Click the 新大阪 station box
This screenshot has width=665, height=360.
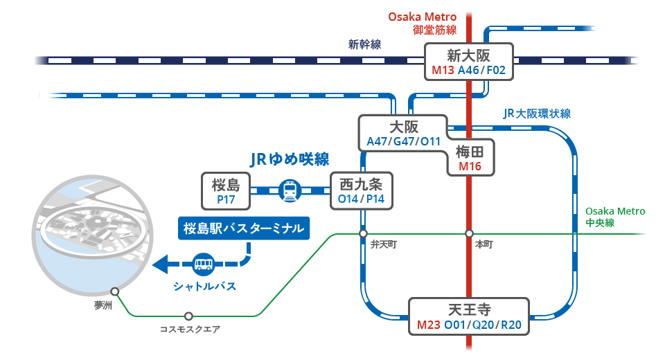(x=469, y=62)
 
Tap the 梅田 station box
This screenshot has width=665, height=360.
(x=471, y=158)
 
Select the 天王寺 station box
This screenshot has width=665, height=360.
(x=469, y=317)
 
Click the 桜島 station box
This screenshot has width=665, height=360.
(x=226, y=191)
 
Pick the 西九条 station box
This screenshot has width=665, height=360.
(x=362, y=191)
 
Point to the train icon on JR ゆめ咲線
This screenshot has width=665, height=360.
(x=290, y=191)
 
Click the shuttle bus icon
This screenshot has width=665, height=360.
(x=204, y=264)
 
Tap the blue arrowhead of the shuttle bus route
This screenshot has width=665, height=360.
(x=160, y=264)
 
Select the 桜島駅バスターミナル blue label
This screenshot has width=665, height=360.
(x=244, y=228)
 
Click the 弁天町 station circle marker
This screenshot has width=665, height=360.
(x=363, y=233)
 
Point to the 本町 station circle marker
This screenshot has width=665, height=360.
(x=469, y=233)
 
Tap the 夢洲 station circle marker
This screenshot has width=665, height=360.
(x=115, y=291)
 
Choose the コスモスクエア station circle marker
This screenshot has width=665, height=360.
(x=188, y=316)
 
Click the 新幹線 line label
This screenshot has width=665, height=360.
(x=365, y=44)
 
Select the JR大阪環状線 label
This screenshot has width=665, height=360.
(x=537, y=114)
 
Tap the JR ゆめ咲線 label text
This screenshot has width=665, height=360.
(x=290, y=159)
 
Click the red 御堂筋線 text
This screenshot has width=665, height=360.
(x=435, y=30)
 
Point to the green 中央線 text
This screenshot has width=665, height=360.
(x=600, y=223)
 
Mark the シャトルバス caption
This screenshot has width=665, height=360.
(x=204, y=286)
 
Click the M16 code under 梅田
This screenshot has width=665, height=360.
(x=470, y=166)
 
